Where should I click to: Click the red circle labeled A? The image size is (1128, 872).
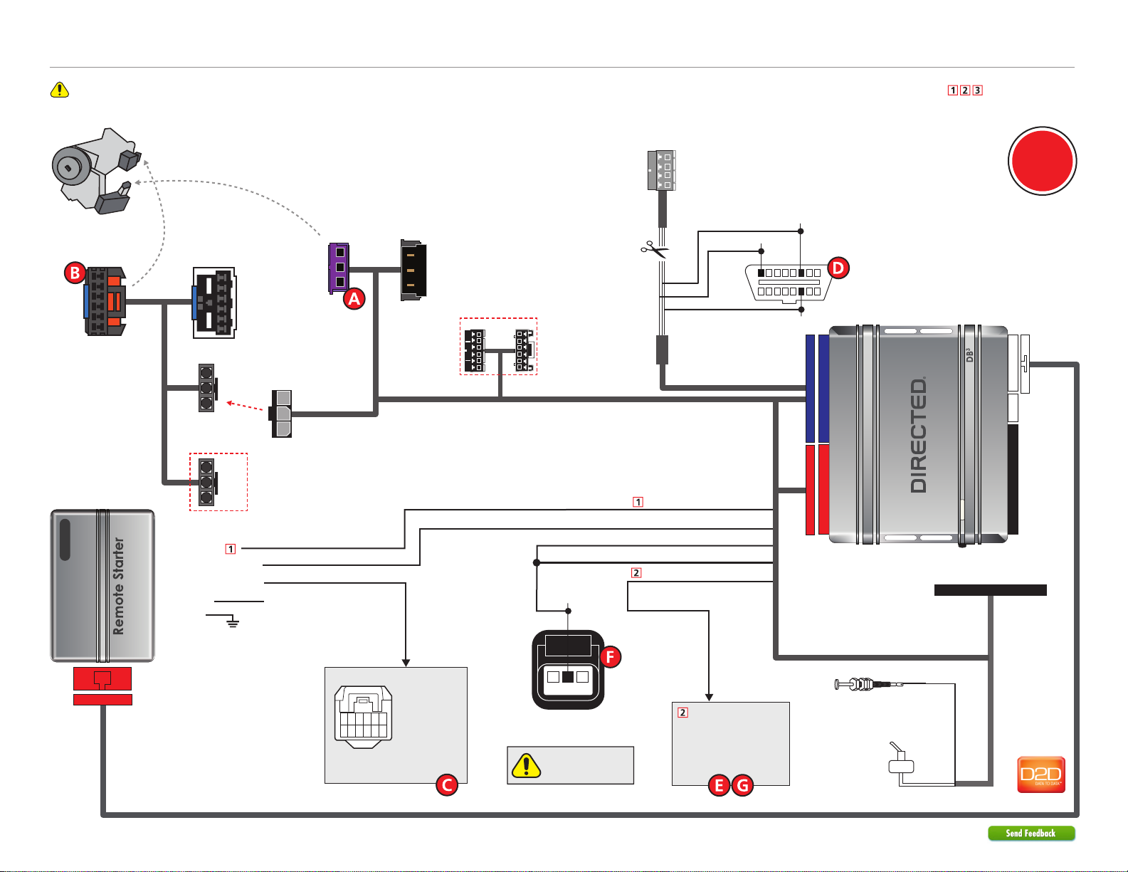click(354, 298)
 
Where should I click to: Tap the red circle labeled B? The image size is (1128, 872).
click(75, 273)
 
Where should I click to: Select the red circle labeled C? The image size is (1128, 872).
click(447, 784)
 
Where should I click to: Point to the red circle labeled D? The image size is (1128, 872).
click(838, 268)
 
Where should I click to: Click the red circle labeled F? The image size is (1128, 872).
click(611, 656)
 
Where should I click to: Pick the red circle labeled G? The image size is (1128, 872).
click(743, 784)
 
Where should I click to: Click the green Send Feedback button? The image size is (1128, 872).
click(1031, 833)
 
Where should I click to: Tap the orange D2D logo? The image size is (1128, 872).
click(1041, 774)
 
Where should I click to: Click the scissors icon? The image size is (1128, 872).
click(654, 249)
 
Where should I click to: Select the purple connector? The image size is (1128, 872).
click(339, 268)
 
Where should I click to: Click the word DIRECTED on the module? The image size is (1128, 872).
click(919, 435)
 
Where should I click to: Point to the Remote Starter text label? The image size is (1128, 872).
click(119, 586)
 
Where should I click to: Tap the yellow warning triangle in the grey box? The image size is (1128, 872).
click(527, 766)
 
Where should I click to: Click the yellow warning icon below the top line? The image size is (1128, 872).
click(60, 90)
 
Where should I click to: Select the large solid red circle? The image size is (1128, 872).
click(1043, 161)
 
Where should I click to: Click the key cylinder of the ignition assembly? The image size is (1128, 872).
click(68, 167)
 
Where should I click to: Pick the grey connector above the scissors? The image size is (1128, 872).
click(661, 171)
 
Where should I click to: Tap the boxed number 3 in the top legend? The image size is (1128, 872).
click(977, 90)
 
